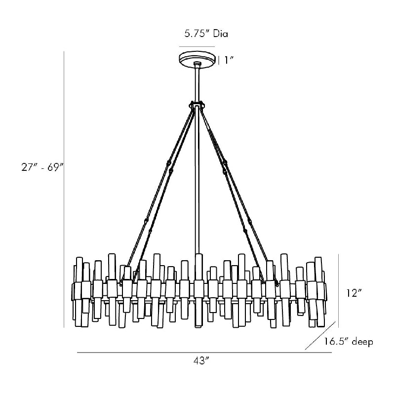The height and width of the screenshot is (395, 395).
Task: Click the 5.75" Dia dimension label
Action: coord(206,34)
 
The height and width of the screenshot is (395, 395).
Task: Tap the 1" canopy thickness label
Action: coord(229,60)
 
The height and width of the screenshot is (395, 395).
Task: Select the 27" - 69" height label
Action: coord(42,167)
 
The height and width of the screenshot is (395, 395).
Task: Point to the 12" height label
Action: coord(354,293)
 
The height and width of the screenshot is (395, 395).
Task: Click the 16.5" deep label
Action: coord(348,342)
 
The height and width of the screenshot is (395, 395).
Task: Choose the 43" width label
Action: coord(201,361)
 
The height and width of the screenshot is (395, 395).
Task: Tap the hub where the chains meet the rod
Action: coord(197,105)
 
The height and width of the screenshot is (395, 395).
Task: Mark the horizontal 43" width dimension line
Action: coord(204,353)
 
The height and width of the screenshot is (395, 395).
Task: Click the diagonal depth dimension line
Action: coord(320,336)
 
